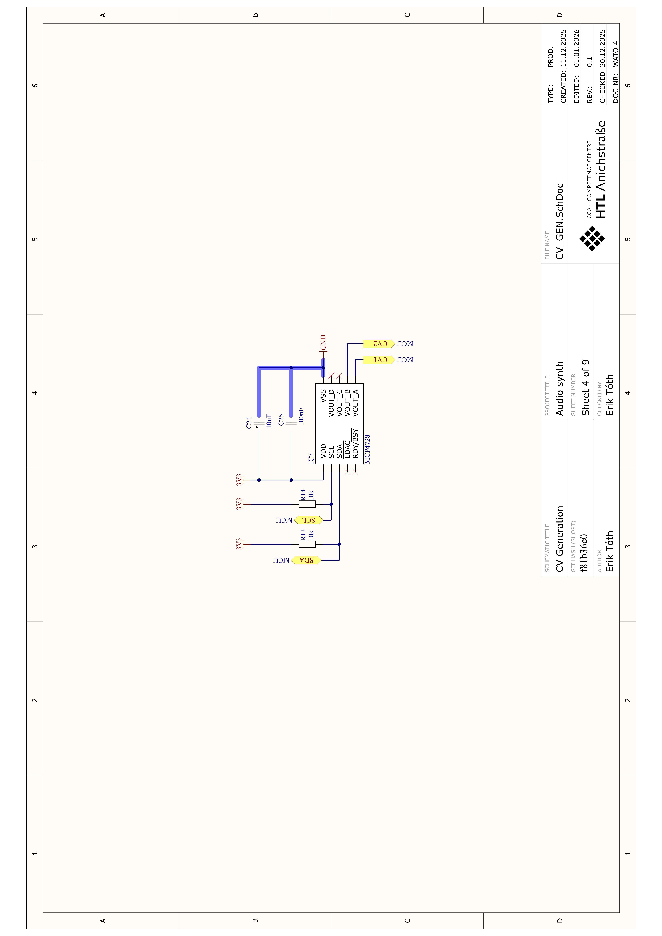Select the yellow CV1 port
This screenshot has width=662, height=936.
pos(379,360)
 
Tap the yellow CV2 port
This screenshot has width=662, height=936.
pos(379,344)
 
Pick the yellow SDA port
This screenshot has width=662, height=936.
pos(306,560)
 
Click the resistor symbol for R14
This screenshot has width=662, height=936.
pos(307,504)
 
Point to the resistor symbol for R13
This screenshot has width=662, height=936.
pos(307,544)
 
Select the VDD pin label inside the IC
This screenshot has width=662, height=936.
pos(323,451)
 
